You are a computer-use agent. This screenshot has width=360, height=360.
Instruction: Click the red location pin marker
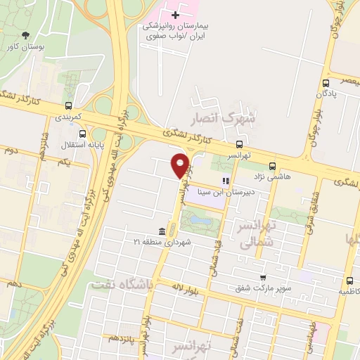click(x=181, y=166)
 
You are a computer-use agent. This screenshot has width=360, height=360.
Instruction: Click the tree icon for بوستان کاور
click(x=26, y=34)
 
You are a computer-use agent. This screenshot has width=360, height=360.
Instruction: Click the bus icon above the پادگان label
click(x=326, y=82)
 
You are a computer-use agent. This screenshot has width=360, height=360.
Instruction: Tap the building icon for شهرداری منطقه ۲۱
click(x=162, y=231)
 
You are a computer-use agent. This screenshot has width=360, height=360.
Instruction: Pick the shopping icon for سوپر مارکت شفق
click(x=263, y=278)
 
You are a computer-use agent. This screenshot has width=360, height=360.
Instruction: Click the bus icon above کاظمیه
click(x=345, y=279)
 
